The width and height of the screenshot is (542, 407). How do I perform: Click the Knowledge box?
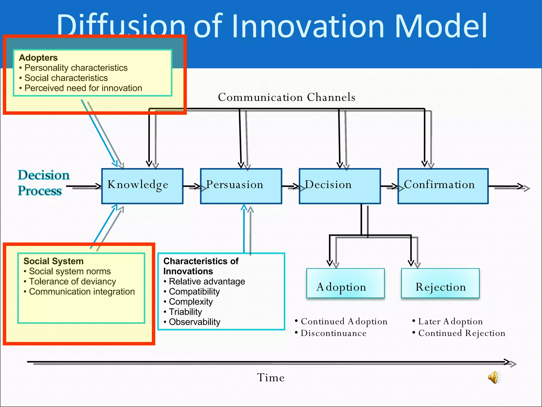click(x=142, y=186)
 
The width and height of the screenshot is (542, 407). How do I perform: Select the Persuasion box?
click(x=241, y=186)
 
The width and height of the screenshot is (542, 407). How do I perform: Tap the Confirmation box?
click(x=443, y=186)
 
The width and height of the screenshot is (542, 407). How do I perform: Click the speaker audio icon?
click(x=494, y=377)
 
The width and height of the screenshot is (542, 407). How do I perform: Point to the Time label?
click(x=271, y=377)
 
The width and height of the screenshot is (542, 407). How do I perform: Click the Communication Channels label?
click(x=286, y=97)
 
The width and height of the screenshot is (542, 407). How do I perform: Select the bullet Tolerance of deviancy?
click(x=72, y=281)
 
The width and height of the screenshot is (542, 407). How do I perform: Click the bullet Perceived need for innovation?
click(x=83, y=88)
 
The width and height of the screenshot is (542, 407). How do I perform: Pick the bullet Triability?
click(x=185, y=312)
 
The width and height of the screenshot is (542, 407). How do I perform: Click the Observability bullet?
click(x=195, y=322)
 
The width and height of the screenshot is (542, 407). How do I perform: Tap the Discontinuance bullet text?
click(x=333, y=333)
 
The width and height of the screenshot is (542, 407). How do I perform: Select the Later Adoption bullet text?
click(x=450, y=321)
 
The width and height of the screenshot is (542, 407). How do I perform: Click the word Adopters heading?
click(x=38, y=57)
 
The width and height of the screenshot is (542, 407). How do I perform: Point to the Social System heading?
click(x=53, y=261)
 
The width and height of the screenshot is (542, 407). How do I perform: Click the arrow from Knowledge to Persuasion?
click(x=192, y=187)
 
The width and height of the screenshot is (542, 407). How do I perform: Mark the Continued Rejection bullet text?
click(x=462, y=333)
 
